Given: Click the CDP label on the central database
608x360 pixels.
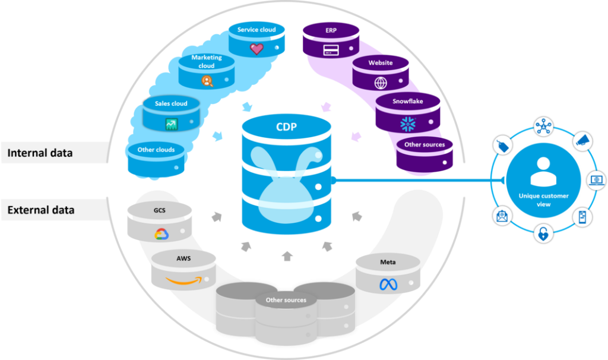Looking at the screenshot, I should [286, 127].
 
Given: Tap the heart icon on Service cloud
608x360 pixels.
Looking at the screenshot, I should [256, 49].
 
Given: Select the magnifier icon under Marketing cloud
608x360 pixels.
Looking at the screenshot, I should [207, 81].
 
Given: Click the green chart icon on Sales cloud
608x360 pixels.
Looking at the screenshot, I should [172, 124].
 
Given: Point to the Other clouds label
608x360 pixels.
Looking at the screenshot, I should [156, 150].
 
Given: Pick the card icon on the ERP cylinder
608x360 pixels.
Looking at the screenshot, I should [331, 50].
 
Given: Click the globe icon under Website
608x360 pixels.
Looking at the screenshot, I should [380, 83].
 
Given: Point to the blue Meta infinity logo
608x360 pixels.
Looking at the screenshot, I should [388, 285].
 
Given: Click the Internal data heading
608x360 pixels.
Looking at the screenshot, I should [40, 153].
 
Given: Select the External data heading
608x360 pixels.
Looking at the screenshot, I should [40, 210].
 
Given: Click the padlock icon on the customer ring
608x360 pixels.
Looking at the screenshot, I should [543, 233].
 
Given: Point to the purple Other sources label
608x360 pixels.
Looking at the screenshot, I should [425, 144].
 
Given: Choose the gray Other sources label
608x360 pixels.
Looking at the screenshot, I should [286, 300].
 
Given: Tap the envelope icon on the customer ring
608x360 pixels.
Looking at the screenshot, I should [502, 216].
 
